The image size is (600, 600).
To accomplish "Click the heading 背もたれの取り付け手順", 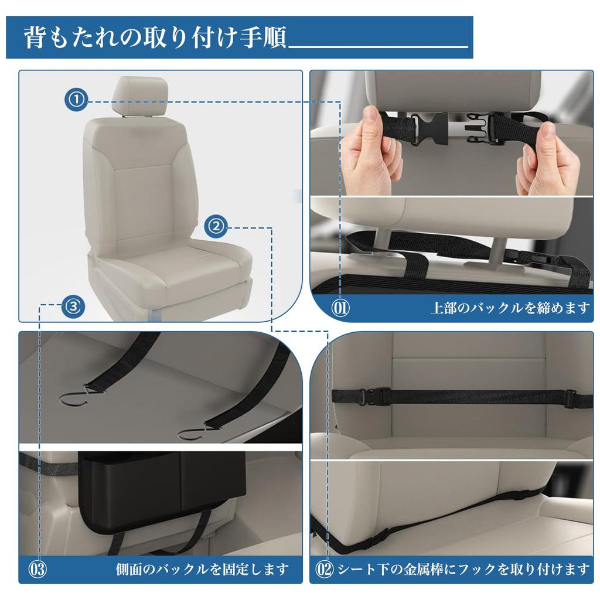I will click(x=155, y=38).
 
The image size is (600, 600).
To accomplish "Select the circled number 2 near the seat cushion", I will click(x=216, y=226).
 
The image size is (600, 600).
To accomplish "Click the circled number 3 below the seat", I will click(x=73, y=305).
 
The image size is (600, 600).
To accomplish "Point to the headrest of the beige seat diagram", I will click(x=144, y=96).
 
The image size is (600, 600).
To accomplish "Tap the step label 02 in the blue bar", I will click(x=324, y=568).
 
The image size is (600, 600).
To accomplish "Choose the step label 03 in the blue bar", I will click(x=37, y=568).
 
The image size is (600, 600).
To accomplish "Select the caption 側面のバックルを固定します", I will click(x=202, y=568).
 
